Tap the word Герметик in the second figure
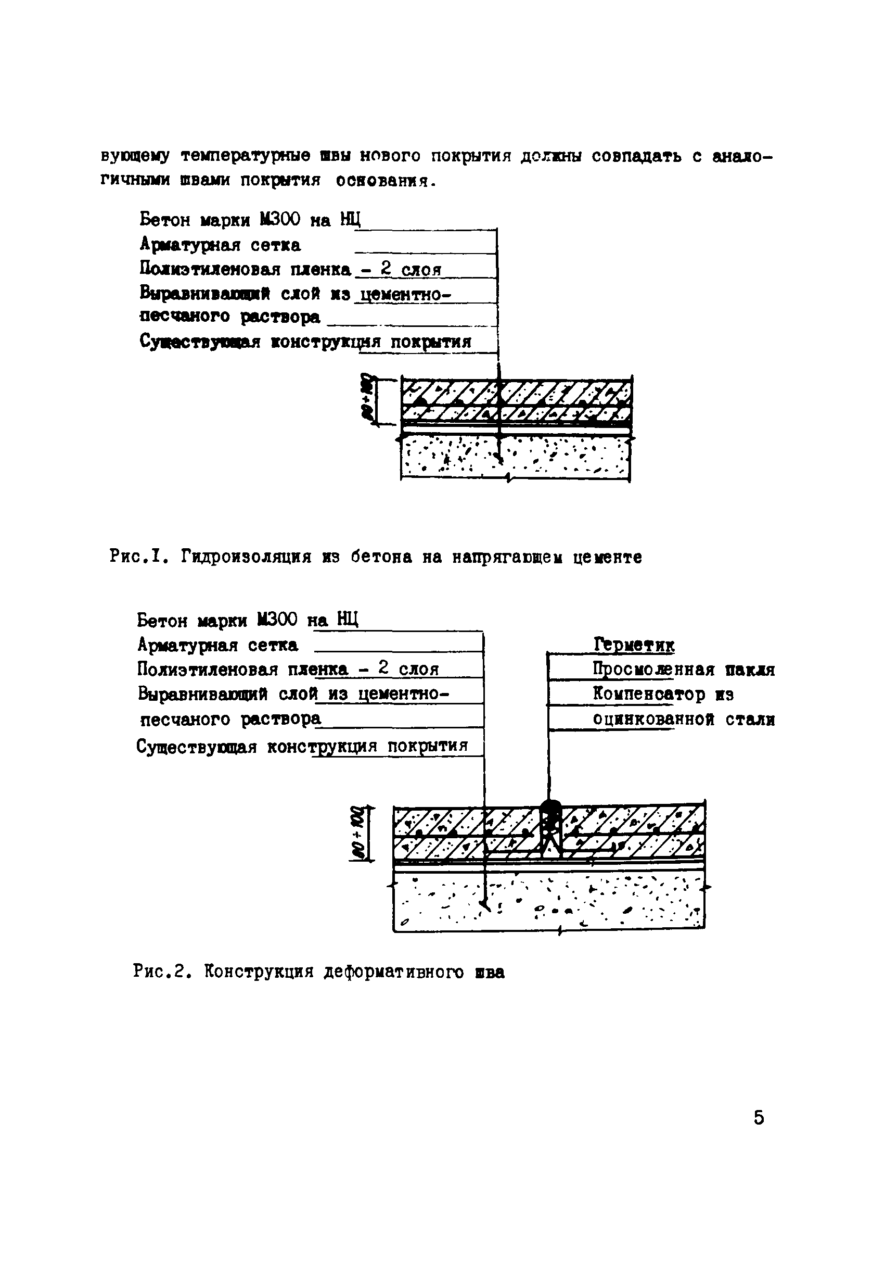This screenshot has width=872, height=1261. coord(634,645)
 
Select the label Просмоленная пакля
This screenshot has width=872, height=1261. coord(684,670)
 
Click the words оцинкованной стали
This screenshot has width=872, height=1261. coord(684,720)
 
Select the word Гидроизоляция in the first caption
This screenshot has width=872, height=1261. coord(247,557)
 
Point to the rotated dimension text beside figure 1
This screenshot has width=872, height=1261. coord(366,397)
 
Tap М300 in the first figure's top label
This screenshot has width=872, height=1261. coord(279,220)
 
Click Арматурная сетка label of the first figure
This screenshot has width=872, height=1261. coord(220,245)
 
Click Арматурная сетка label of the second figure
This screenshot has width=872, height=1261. coord(217,646)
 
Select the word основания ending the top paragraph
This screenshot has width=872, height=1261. coord(384,180)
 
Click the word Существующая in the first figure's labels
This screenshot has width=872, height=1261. coord(199,342)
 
